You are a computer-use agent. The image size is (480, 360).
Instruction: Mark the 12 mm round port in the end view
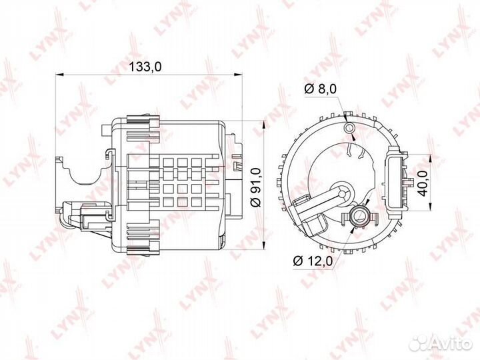click(361, 215)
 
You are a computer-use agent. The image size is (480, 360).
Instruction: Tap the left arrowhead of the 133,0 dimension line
click(59, 75)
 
